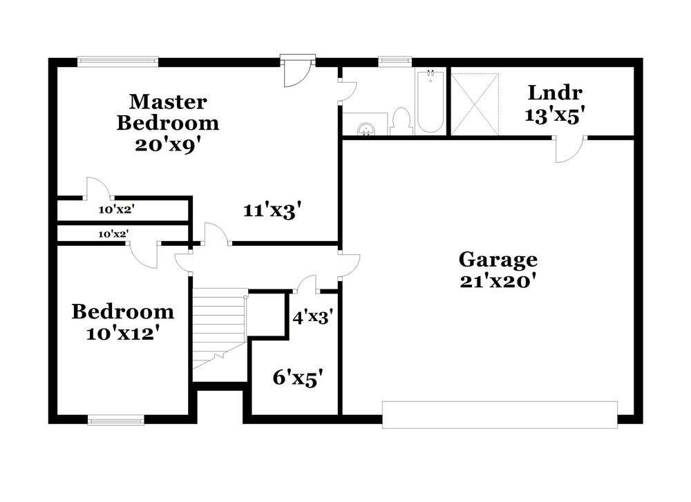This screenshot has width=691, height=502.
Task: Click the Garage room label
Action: [498, 260]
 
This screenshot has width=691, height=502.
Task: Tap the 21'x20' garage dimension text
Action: [498, 281]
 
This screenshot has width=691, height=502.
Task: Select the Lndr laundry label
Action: [556, 93]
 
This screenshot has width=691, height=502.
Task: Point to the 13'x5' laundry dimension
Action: [555, 115]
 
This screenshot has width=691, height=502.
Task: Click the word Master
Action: [168, 102]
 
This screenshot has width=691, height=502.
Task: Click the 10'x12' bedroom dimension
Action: [122, 334]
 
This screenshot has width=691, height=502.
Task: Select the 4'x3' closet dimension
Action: [312, 317]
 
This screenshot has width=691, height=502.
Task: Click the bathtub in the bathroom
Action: [429, 102]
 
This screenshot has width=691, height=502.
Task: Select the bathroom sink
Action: [366, 129]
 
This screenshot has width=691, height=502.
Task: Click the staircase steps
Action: [220, 329]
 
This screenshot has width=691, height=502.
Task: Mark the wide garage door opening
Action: [500, 414]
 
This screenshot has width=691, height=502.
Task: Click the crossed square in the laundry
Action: [475, 104]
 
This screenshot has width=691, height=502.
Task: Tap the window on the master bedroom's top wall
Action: [117, 61]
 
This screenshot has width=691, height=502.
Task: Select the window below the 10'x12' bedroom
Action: [116, 421]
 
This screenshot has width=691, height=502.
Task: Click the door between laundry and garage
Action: [569, 149]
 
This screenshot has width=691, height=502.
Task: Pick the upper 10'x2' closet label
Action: [116, 210]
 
